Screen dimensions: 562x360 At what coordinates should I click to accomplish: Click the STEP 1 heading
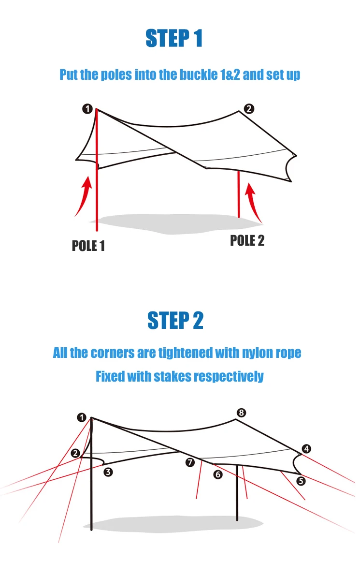(x=174, y=39)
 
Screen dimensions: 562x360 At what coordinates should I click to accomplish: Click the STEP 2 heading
(x=175, y=321)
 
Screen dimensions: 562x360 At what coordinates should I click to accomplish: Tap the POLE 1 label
(x=88, y=246)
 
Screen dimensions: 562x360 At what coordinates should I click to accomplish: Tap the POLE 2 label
(x=247, y=240)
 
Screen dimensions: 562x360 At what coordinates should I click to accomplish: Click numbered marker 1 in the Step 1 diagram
(x=87, y=109)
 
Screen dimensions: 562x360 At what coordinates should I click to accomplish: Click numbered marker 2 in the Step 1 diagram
(x=249, y=109)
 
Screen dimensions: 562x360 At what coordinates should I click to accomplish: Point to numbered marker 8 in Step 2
(x=241, y=413)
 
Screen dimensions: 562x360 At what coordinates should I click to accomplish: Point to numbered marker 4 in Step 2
(x=306, y=449)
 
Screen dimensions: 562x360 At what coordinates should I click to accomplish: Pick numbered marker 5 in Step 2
(x=302, y=481)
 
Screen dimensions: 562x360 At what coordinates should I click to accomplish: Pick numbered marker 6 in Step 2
(x=218, y=475)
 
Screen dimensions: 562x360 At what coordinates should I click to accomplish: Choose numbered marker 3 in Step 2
(x=108, y=472)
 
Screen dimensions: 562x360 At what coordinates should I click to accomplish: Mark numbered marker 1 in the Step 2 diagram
(x=82, y=417)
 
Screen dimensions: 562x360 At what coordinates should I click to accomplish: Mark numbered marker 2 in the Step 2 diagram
(x=75, y=453)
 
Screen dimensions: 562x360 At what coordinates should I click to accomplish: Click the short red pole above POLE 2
(x=239, y=193)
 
